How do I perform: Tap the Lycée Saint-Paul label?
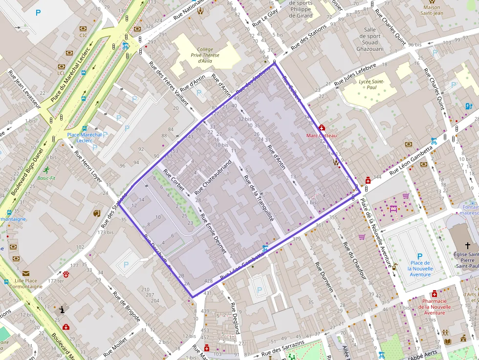(x=371, y=84)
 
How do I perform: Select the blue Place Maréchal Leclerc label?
(x=85, y=137)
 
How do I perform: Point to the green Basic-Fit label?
(x=46, y=178)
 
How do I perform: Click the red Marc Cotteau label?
(x=321, y=135)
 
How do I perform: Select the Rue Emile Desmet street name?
(x=214, y=233)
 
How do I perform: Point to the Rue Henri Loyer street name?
(x=88, y=166)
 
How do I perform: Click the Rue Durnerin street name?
(x=324, y=276)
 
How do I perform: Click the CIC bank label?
(x=83, y=35)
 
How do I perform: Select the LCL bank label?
(x=61, y=73)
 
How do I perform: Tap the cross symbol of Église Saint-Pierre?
(x=468, y=245)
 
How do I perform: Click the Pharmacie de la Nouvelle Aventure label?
(x=435, y=307)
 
